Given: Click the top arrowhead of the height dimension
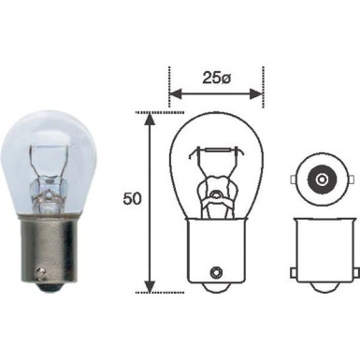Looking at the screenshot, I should coord(148,117).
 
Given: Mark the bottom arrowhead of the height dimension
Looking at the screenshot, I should coord(148,287).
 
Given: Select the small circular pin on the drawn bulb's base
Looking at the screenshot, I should coord(217,271).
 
